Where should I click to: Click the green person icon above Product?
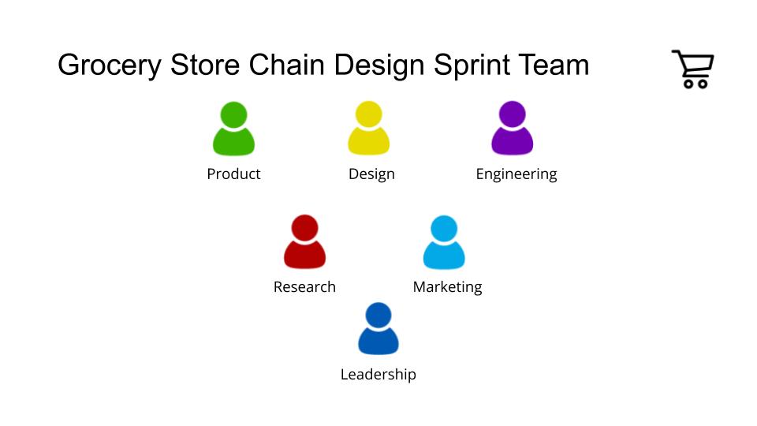(233, 129)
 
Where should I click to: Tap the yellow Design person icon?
(369, 128)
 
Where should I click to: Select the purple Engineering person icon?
(513, 128)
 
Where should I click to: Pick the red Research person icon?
(304, 241)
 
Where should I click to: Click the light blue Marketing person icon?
(444, 242)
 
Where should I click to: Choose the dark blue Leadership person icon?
(378, 328)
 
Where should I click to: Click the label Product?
(233, 174)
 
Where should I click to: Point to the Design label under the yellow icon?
(371, 174)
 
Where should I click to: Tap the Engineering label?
(516, 174)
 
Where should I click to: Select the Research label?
(304, 287)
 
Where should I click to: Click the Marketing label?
(448, 287)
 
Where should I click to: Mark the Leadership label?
(378, 374)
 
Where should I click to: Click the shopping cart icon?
(693, 69)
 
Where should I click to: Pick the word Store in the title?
(205, 65)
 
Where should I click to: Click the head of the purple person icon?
(513, 114)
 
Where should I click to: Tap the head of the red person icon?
(304, 227)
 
